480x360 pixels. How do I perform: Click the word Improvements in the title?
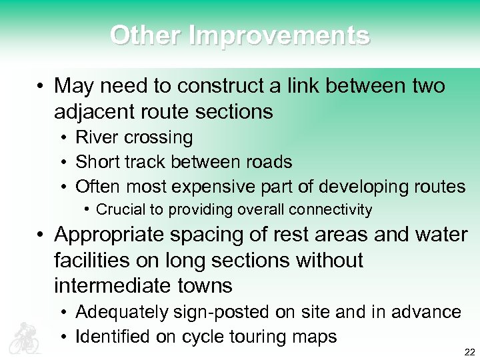279,35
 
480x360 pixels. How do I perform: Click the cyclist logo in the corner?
25,337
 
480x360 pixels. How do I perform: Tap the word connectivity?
331,210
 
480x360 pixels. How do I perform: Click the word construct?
221,86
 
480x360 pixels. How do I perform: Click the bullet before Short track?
61,162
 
